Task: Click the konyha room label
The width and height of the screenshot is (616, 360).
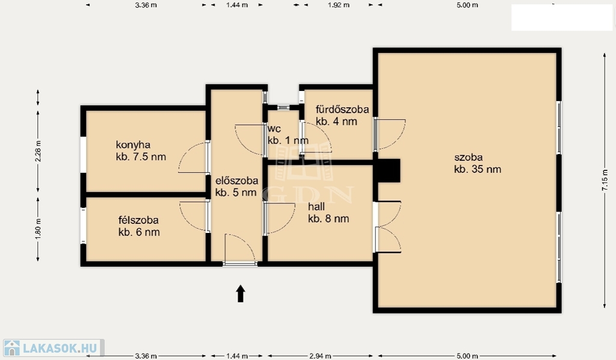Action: tap(133, 145)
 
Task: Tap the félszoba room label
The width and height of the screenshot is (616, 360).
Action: tap(138, 220)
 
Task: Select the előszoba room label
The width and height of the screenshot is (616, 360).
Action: tap(236, 181)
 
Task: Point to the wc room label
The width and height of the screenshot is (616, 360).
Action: tap(274, 129)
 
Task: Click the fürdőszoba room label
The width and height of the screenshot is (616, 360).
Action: tap(342, 110)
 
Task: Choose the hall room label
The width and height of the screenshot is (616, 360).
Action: tap(316, 206)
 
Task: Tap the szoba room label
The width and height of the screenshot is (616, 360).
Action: tap(468, 158)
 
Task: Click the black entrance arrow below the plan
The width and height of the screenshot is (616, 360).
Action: tap(241, 294)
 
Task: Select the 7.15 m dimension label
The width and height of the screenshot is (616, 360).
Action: tap(605, 181)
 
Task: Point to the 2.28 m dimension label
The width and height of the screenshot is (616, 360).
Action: tap(38, 151)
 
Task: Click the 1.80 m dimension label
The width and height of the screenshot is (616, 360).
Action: tap(38, 229)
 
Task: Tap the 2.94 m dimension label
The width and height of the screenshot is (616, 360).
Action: tap(320, 356)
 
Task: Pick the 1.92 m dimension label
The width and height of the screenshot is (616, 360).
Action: tap(339, 5)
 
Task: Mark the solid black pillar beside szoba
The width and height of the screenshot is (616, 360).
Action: tap(387, 170)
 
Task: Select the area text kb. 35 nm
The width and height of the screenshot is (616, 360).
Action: tap(478, 169)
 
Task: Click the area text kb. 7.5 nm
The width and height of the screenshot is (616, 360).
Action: tap(141, 157)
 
